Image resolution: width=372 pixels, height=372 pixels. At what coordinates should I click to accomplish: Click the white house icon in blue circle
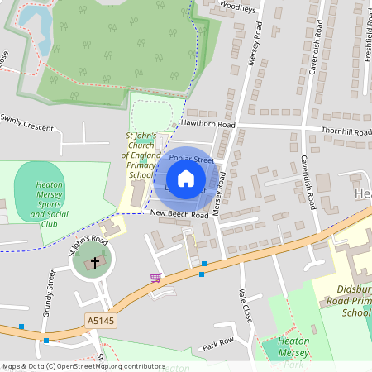(186, 179)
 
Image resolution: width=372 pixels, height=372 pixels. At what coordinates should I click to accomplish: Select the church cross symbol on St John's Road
(94, 264)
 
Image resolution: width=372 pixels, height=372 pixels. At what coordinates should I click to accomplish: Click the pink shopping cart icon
(155, 278)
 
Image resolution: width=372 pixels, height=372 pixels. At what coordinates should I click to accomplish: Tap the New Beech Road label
(179, 214)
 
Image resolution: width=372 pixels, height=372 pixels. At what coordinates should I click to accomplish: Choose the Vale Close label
(245, 306)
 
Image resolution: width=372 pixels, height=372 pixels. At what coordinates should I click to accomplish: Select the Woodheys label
(239, 7)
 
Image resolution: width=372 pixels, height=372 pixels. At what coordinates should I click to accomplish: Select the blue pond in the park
(33, 21)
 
